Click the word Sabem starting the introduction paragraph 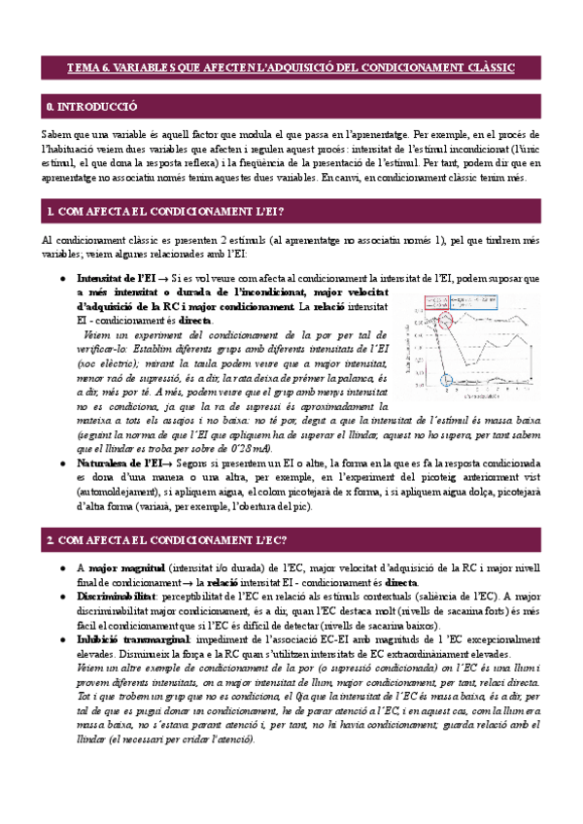point(56,132)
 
